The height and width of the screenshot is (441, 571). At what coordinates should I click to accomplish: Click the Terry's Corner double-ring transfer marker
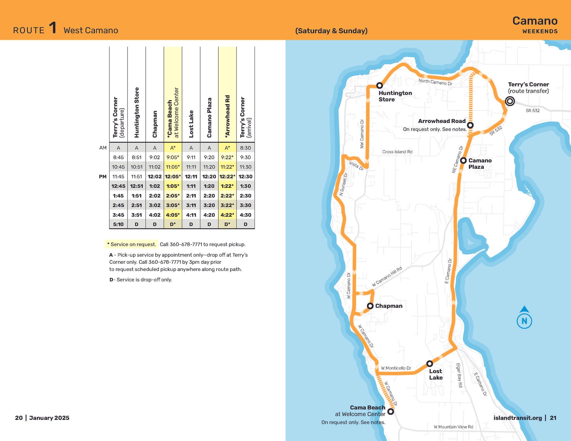[x=510, y=101]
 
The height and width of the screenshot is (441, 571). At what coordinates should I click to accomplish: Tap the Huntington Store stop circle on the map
[x=379, y=86]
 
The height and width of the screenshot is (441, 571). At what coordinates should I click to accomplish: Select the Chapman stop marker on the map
[x=370, y=306]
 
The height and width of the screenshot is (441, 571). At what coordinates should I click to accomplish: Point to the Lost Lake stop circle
[x=429, y=364]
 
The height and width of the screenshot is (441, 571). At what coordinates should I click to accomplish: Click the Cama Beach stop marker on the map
[x=391, y=412]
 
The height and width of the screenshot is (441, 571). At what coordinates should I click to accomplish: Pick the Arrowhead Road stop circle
[x=470, y=125]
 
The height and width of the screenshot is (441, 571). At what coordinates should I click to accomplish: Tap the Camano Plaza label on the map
[x=480, y=164]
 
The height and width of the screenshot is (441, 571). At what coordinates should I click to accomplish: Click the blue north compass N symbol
[x=524, y=321]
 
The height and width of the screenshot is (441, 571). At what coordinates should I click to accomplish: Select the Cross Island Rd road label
[x=397, y=152]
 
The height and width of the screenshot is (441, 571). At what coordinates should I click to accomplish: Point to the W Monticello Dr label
[x=396, y=368]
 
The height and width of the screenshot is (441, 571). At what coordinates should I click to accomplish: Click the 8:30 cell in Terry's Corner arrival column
[x=245, y=148]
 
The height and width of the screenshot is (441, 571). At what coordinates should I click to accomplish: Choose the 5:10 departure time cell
[x=118, y=224]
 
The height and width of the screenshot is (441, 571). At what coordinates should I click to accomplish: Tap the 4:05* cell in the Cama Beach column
[x=172, y=215]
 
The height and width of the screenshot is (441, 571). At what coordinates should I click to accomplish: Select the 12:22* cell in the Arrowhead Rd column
[x=227, y=177]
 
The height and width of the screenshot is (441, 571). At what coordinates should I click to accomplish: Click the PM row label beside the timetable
[x=103, y=177]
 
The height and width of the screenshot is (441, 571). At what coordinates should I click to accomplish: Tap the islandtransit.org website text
[x=517, y=418]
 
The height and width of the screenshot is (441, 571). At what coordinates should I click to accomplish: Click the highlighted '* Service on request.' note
[x=131, y=244]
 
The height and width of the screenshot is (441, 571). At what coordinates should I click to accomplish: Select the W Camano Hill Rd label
[x=387, y=277]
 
